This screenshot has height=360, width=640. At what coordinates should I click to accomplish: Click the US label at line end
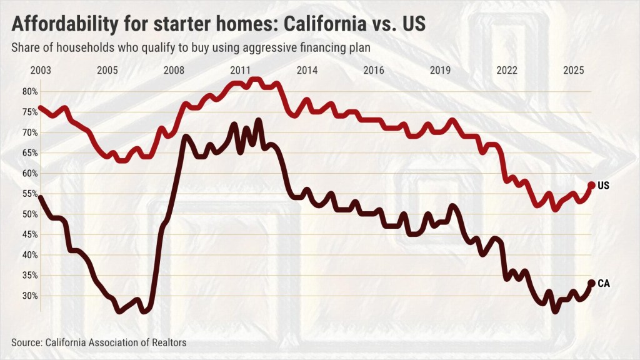click(x=603, y=186)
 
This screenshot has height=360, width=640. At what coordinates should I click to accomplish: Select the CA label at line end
click(x=603, y=284)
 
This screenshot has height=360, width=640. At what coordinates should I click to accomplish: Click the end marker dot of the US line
click(x=591, y=186)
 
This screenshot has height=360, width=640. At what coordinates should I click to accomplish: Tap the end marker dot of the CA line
click(x=591, y=284)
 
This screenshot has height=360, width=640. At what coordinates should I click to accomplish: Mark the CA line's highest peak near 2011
click(x=258, y=120)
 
